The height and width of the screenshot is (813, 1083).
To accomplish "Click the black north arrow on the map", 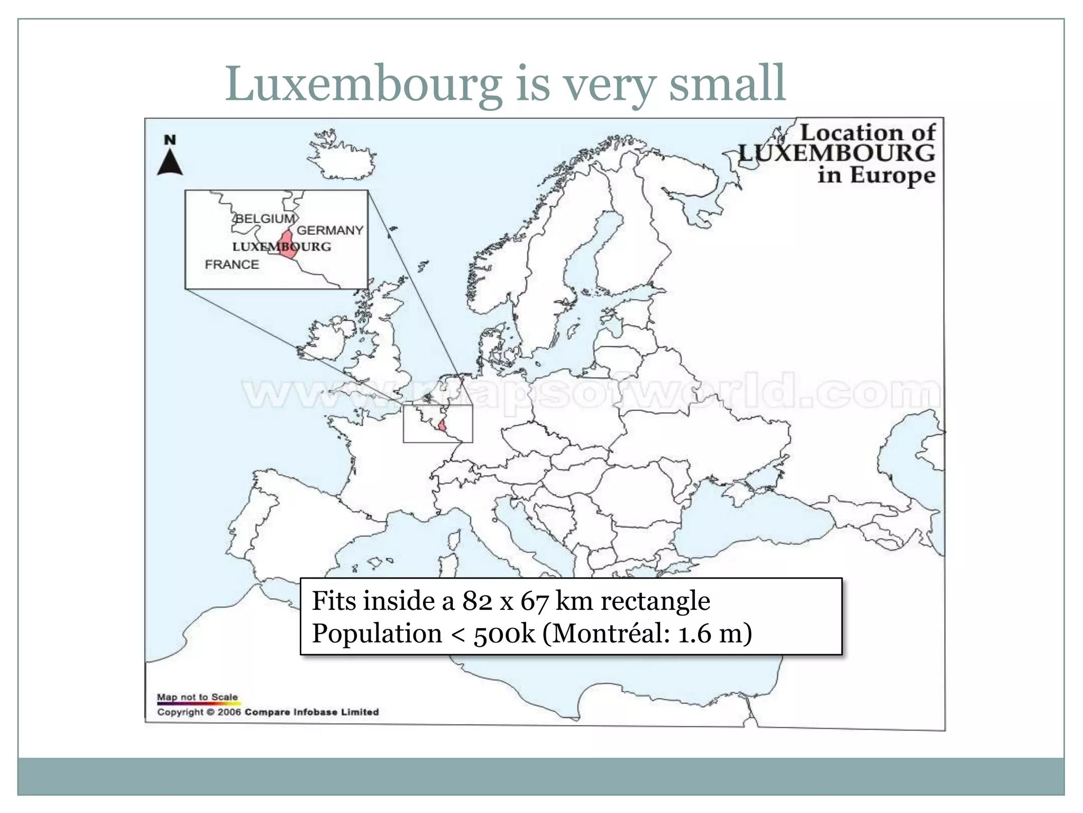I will click(x=170, y=162).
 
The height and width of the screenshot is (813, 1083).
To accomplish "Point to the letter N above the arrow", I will click(x=170, y=140).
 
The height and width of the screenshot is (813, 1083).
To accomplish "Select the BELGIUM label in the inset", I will click(x=264, y=219).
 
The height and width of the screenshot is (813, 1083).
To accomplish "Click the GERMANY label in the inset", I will click(x=330, y=230).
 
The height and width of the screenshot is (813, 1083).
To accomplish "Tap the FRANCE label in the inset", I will click(x=232, y=265).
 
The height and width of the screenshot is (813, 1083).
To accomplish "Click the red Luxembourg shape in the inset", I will click(x=288, y=245).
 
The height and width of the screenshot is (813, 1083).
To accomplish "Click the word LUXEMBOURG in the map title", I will click(x=836, y=153).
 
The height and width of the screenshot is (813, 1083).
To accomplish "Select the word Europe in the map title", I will click(x=893, y=175).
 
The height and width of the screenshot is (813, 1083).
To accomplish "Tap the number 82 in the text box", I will click(x=478, y=601).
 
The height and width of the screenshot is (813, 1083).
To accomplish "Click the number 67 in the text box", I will click(x=534, y=601).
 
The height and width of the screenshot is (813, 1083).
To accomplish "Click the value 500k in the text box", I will click(x=504, y=634).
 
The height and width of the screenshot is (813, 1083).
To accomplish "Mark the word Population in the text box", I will click(x=377, y=634).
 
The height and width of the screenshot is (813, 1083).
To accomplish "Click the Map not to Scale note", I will click(x=197, y=697).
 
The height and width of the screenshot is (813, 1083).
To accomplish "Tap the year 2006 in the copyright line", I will click(x=229, y=712).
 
